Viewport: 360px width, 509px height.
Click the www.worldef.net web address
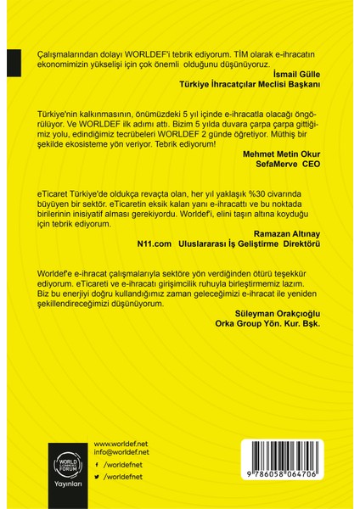pyautogui.click(x=120, y=443)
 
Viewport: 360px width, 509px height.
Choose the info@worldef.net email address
pyautogui.click(x=121, y=452)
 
